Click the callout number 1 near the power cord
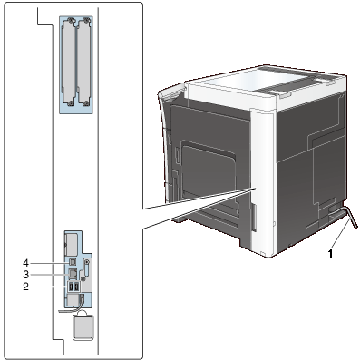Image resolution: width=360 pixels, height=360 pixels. [331, 253]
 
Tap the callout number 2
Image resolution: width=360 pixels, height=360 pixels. [26, 287]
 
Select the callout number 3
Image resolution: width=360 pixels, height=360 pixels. [26, 275]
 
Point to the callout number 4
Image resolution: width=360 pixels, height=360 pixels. [26, 262]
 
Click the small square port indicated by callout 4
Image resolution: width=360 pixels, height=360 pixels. [72, 261]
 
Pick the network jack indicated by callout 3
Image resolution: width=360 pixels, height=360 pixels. [73, 274]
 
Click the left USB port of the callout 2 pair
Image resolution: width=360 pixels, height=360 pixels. [71, 287]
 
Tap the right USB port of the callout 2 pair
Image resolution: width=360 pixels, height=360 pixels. [76, 287]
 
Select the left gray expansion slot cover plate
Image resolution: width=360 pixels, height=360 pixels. [70, 63]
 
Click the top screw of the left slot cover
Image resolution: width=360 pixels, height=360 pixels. [71, 21]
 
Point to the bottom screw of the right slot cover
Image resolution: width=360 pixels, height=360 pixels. [87, 103]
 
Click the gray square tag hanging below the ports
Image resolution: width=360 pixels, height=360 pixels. [83, 327]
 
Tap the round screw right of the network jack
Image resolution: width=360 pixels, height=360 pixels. [87, 262]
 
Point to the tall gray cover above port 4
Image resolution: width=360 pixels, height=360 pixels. [71, 244]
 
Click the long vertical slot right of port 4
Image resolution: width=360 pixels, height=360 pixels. [85, 271]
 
